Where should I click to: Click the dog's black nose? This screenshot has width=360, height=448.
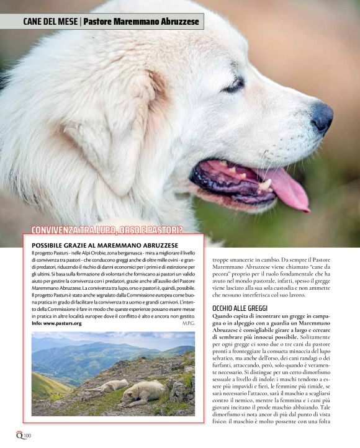click(x=322, y=116)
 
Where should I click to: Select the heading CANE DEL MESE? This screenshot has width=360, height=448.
click(x=50, y=22)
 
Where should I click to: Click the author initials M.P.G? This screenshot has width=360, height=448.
click(x=188, y=323)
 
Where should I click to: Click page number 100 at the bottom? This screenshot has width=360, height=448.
click(x=27, y=436)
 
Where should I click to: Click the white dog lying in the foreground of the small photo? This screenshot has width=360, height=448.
click(x=143, y=393)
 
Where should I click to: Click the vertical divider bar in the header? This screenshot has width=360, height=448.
click(x=81, y=22)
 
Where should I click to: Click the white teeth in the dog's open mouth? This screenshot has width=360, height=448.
click(x=265, y=184)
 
